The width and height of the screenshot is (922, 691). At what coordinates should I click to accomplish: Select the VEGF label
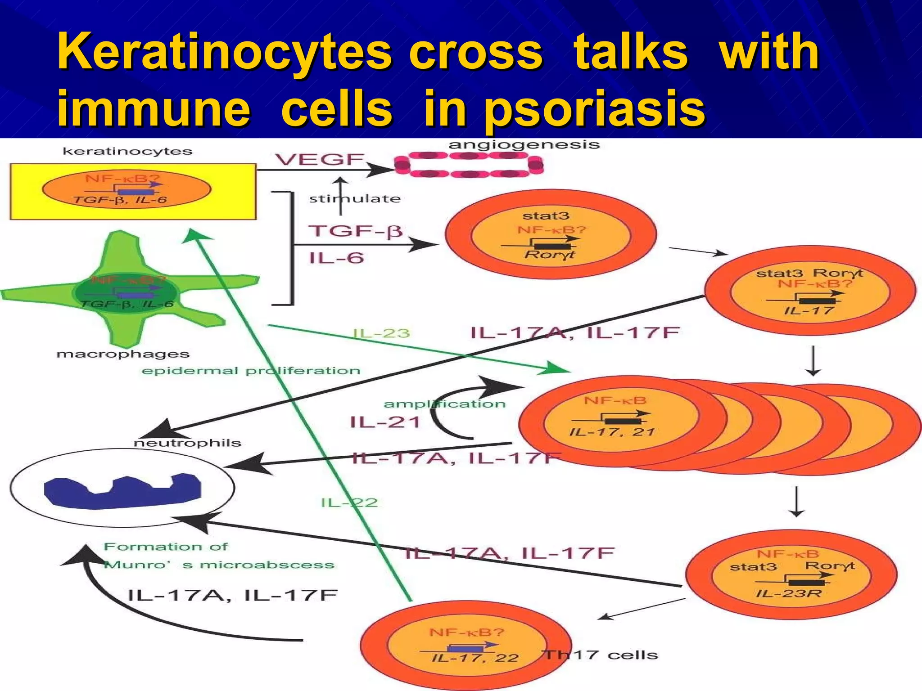[x=320, y=160]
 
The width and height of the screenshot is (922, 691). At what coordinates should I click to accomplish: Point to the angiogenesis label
[x=524, y=145]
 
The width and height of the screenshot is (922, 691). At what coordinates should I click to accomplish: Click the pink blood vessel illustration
[x=468, y=165]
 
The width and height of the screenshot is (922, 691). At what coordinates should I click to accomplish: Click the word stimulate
[x=355, y=199]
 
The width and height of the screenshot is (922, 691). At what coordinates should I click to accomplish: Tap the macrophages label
[x=122, y=354]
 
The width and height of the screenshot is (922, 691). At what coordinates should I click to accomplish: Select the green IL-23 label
[x=381, y=333]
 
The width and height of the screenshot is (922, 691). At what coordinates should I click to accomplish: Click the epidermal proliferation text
[x=251, y=371]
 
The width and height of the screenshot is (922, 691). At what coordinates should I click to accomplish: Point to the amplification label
[x=444, y=404]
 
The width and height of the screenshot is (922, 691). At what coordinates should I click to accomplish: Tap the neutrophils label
[x=187, y=443]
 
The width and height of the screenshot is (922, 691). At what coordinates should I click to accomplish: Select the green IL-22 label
[x=349, y=503]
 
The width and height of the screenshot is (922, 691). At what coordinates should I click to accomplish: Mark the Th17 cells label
[x=601, y=655]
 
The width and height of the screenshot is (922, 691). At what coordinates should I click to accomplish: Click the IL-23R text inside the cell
[x=788, y=593]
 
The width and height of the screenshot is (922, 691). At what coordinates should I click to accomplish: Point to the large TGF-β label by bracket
[x=355, y=231]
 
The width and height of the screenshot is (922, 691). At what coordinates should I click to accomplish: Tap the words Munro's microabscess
[x=219, y=565]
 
